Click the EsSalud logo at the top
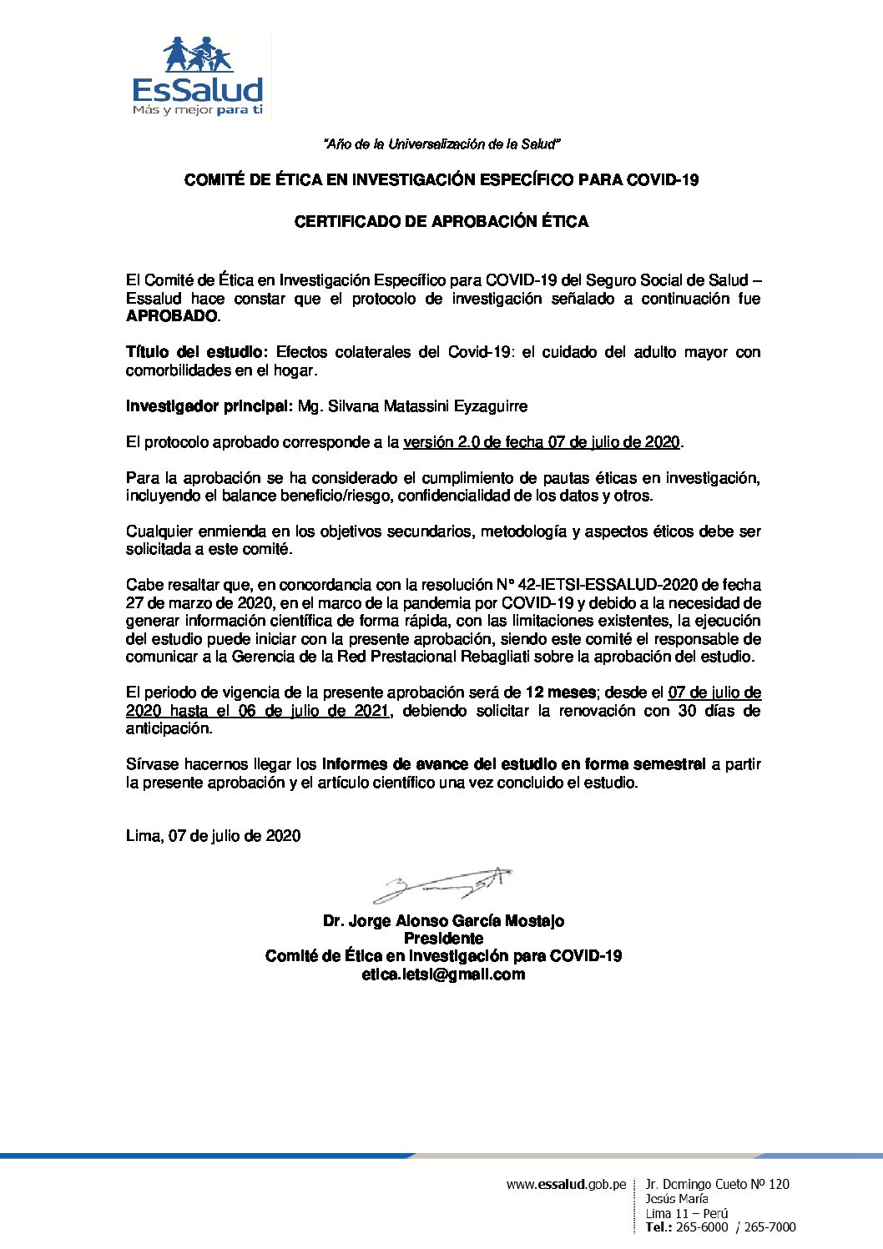click(x=198, y=77)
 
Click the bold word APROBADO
click(x=172, y=317)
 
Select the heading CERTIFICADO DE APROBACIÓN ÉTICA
click(x=441, y=222)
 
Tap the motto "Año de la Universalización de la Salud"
click(x=441, y=144)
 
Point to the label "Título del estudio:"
click(x=197, y=352)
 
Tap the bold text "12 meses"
click(x=560, y=692)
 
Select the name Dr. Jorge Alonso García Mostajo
click(x=443, y=921)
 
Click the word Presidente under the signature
click(x=443, y=939)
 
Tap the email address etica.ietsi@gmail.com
click(x=443, y=975)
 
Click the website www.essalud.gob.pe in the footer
click(x=566, y=1185)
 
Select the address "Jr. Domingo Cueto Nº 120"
click(x=717, y=1184)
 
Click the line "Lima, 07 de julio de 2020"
click(x=214, y=836)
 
